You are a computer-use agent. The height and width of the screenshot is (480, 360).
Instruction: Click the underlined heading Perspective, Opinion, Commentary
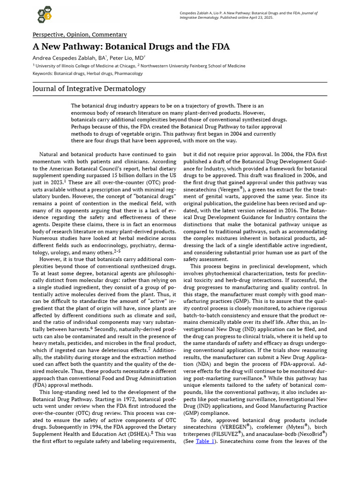(x=80, y=35)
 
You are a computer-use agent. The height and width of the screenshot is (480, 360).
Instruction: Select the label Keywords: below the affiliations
(x=43, y=74)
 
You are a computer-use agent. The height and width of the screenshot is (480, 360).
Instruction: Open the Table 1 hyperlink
(x=205, y=441)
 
